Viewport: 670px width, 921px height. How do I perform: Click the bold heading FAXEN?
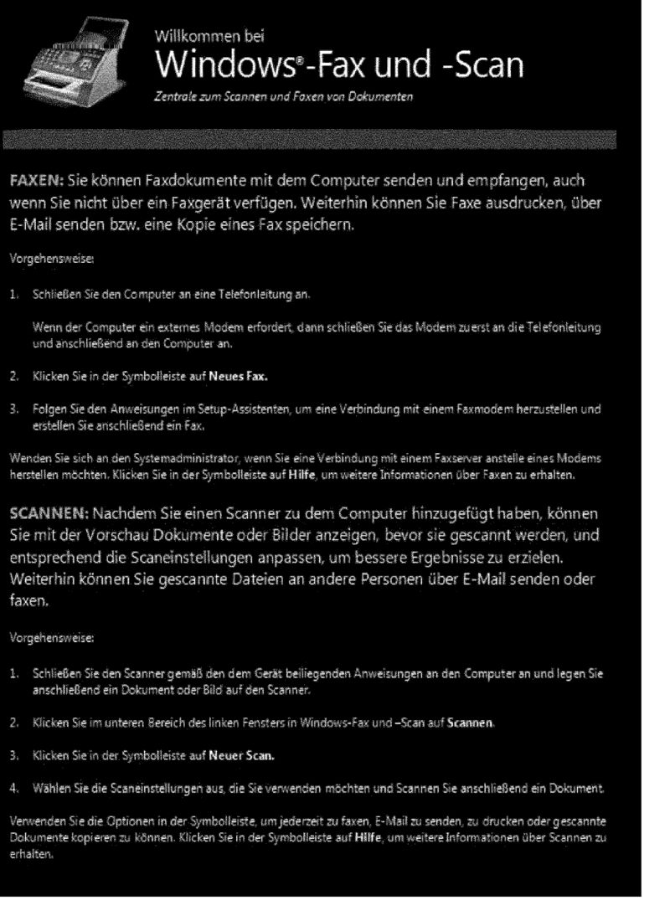click(38, 180)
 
